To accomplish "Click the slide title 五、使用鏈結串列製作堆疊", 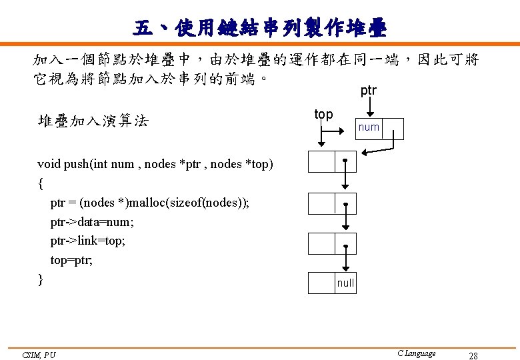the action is [x=259, y=28].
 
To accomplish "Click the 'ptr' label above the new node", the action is [x=368, y=91].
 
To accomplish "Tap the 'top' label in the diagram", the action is [x=323, y=114].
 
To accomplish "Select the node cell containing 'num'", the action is [x=368, y=127].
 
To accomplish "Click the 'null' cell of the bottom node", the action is [x=345, y=283].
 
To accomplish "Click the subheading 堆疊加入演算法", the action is [x=93, y=121].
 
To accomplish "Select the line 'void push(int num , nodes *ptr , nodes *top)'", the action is [x=155, y=164].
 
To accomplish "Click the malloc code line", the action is [x=150, y=203].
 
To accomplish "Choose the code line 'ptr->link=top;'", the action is [x=87, y=241].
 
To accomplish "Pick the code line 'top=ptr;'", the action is [x=71, y=260].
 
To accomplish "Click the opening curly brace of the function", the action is [x=41, y=183].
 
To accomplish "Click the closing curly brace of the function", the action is [x=41, y=279].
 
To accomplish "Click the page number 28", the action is [x=473, y=355].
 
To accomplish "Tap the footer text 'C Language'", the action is [x=416, y=353].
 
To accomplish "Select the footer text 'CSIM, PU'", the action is [x=38, y=355].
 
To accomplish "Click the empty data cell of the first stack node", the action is [x=321, y=163].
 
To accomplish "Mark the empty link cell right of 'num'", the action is [x=393, y=128].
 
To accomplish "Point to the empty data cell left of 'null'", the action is [x=321, y=283].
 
